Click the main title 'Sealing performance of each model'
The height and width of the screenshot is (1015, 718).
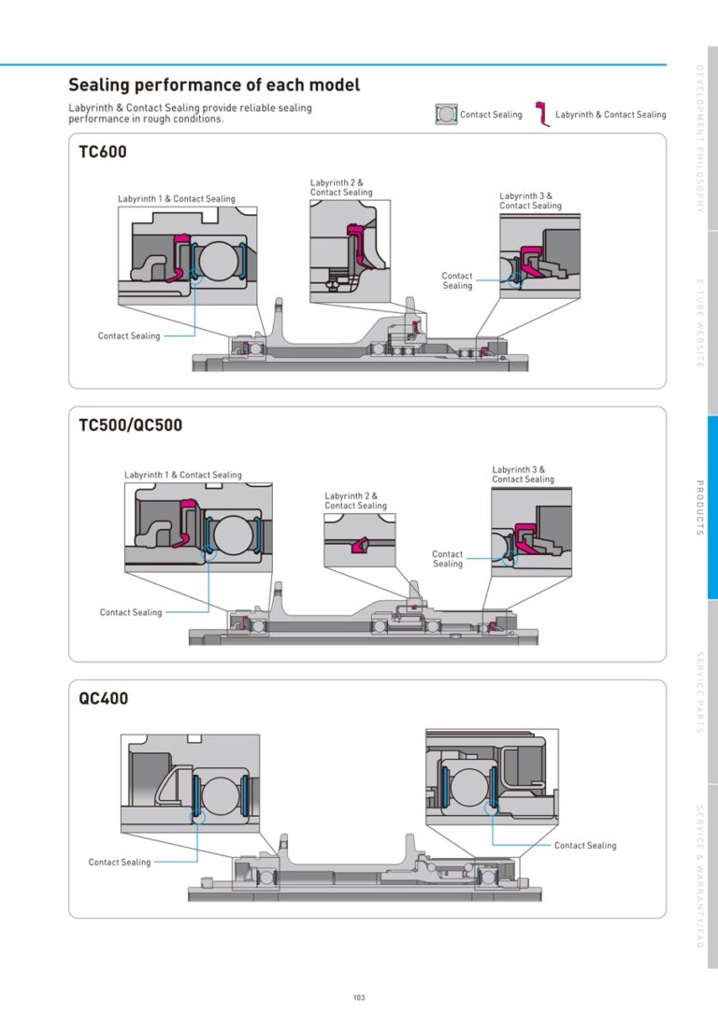point(214,85)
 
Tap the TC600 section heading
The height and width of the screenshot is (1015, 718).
point(102,152)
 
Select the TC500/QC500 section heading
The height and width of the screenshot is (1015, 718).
point(130,425)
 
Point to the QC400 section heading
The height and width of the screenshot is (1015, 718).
point(103,698)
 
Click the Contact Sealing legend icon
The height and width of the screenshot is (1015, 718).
point(446,114)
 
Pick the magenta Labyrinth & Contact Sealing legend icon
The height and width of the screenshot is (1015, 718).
point(542,114)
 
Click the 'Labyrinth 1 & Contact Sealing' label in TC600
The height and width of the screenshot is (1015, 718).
point(176,199)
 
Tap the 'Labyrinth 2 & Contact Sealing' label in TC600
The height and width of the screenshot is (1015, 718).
point(341,188)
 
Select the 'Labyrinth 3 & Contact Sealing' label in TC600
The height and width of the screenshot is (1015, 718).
point(530,201)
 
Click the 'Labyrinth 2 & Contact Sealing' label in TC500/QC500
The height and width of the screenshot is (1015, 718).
point(355,500)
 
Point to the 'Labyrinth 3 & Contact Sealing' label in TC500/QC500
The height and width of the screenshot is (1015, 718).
point(524,475)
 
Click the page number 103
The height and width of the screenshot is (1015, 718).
point(359,997)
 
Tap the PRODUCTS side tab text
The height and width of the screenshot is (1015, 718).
point(699,507)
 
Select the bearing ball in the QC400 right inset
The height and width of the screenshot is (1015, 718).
point(467,784)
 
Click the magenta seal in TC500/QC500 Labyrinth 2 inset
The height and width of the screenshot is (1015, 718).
point(358,545)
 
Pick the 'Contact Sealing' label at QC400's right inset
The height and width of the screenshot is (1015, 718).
point(585,846)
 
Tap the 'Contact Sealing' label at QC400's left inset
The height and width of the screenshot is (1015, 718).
point(119,863)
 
